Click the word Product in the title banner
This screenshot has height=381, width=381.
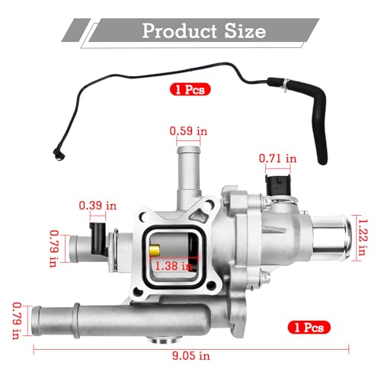point(179,31)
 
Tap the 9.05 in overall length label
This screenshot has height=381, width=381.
point(191,355)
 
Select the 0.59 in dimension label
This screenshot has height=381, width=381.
point(188,131)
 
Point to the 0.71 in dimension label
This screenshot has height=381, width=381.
point(277,158)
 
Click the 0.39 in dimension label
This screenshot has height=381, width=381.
point(98,206)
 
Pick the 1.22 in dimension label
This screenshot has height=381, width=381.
point(362,237)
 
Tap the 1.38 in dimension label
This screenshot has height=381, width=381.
point(174,266)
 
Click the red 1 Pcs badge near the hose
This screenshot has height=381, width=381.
point(190,89)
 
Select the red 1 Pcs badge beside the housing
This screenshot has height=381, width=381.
point(309,327)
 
